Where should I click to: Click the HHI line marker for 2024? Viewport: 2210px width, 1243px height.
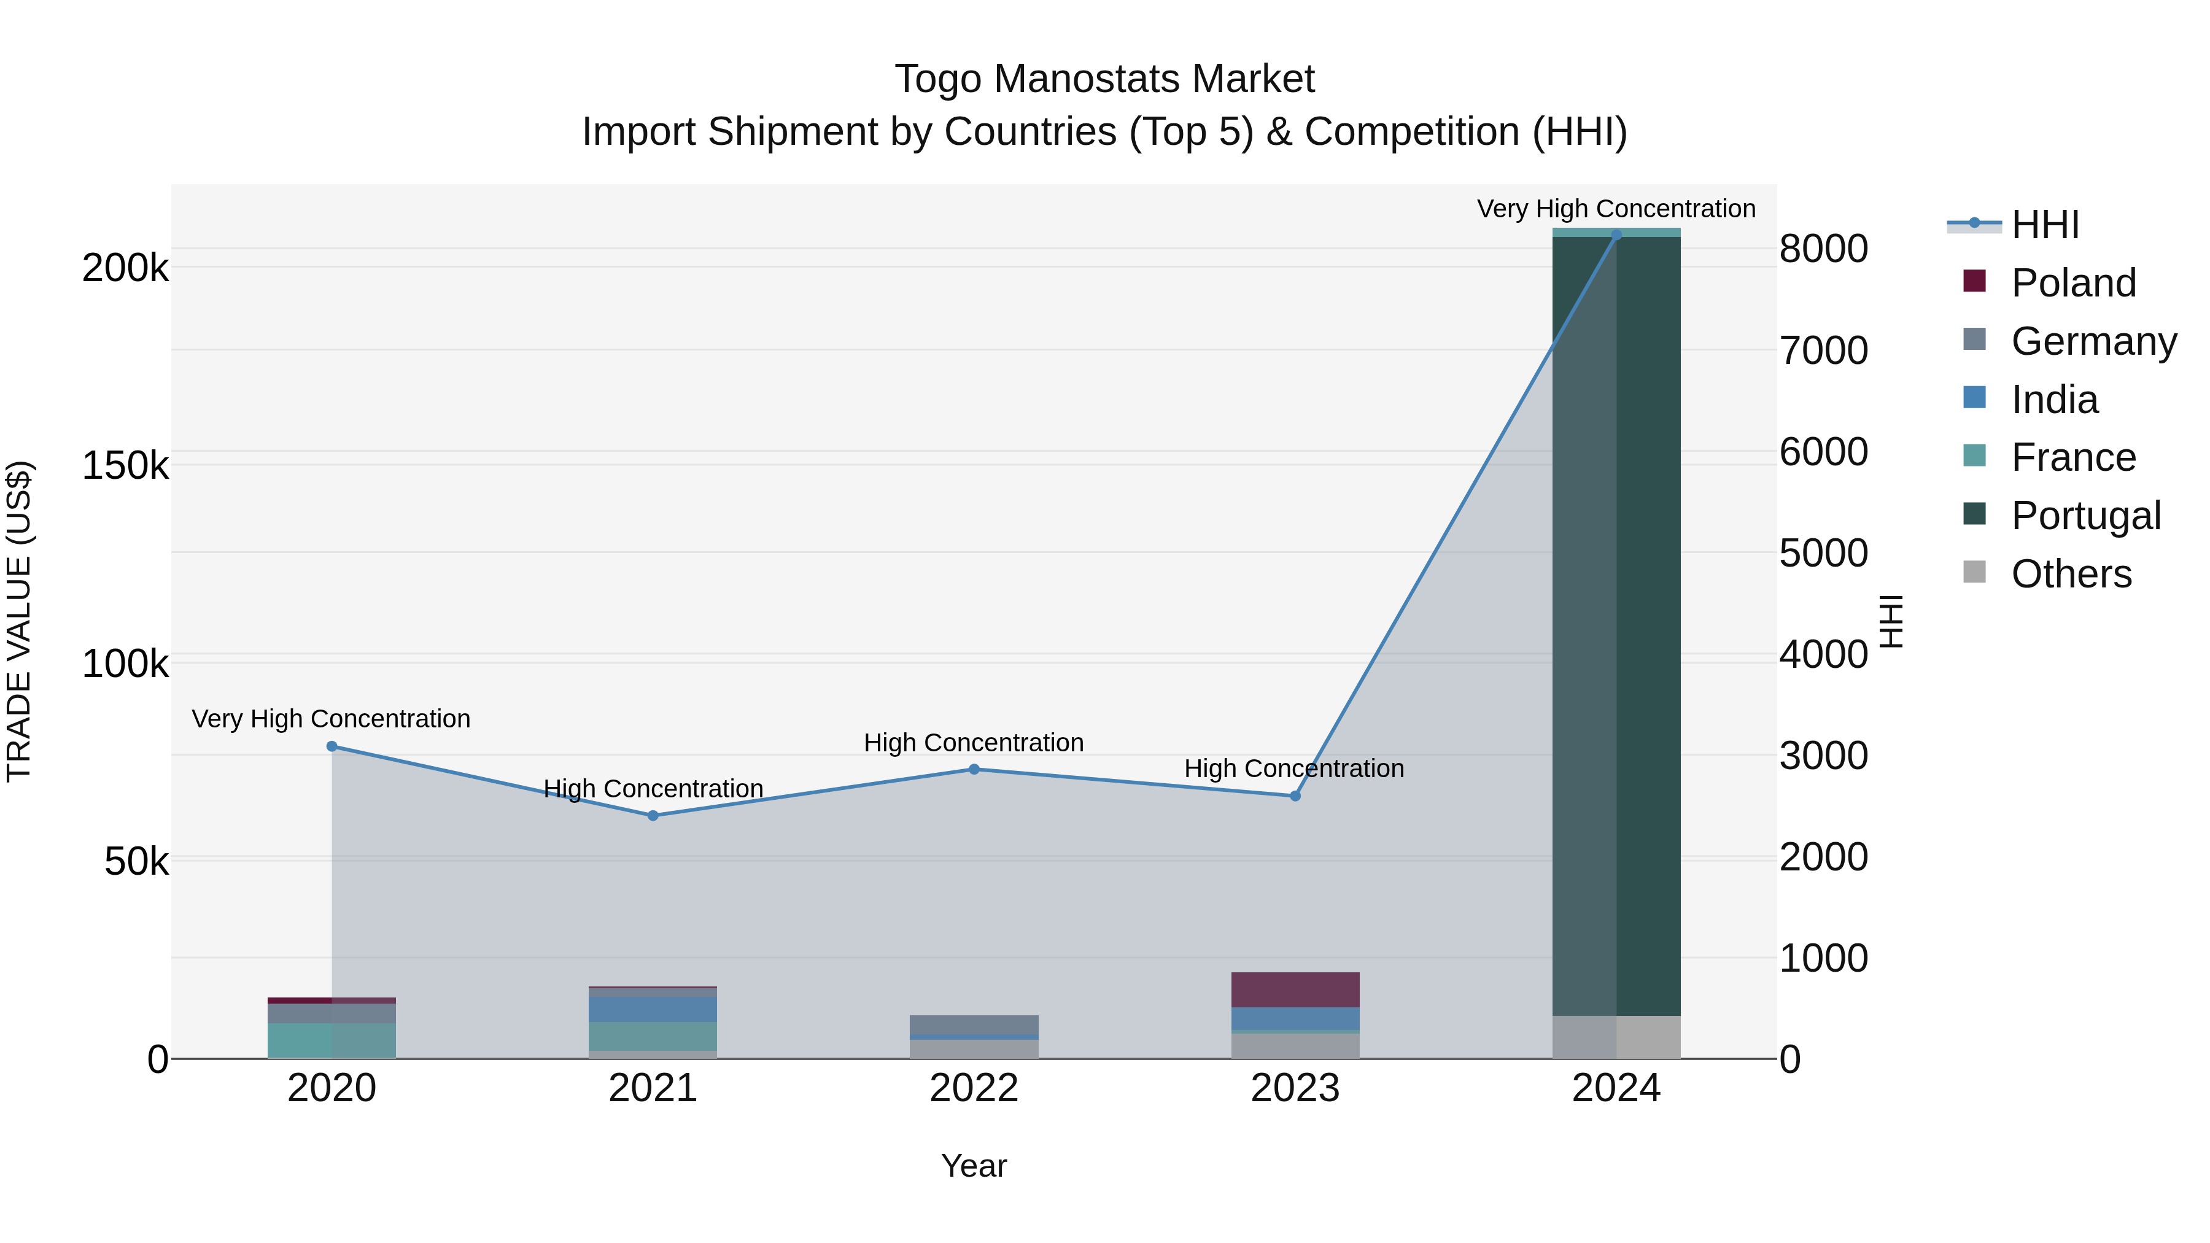tap(1616, 234)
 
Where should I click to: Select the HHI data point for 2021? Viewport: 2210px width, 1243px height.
tap(653, 816)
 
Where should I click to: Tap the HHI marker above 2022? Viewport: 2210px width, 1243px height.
tap(974, 770)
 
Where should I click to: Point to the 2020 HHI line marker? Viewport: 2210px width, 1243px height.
tap(332, 746)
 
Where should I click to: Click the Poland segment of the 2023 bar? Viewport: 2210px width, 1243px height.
tap(1295, 990)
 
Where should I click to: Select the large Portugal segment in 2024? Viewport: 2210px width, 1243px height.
tap(1616, 626)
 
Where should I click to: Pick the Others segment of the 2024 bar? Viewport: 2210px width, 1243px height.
tap(1616, 1037)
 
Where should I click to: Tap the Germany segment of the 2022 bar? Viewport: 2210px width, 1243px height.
tap(974, 1025)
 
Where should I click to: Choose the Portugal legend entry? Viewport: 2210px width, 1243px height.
tap(2085, 516)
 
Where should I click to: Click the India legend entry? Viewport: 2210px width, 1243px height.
tap(2054, 400)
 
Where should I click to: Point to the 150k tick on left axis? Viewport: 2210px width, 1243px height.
tap(125, 466)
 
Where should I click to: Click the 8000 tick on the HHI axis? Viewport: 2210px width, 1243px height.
tap(1823, 249)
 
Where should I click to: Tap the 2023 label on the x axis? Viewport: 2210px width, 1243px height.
tap(1295, 1088)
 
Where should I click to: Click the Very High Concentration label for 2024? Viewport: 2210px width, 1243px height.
tap(1616, 209)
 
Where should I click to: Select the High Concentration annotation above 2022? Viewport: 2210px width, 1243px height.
tap(974, 743)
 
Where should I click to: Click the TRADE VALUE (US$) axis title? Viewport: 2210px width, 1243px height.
tap(19, 621)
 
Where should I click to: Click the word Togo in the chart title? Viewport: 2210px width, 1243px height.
tap(939, 79)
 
